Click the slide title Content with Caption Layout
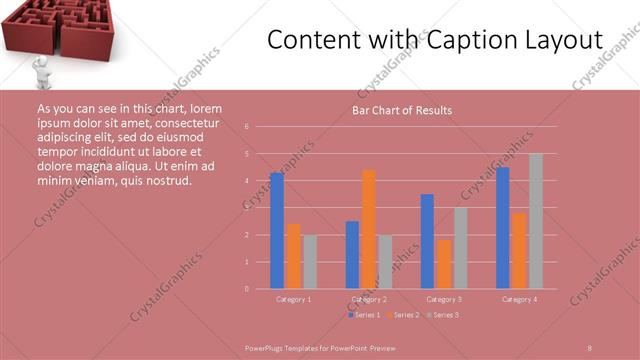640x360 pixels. (x=435, y=40)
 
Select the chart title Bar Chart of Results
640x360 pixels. (x=401, y=110)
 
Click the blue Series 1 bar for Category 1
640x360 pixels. (x=277, y=230)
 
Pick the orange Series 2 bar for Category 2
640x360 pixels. (x=369, y=229)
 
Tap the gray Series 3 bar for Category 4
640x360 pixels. (x=536, y=221)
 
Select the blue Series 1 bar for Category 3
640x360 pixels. (x=427, y=241)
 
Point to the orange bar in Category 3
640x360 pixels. (x=444, y=264)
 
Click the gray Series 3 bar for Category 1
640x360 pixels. (x=310, y=261)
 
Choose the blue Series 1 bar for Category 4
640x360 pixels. (x=503, y=227)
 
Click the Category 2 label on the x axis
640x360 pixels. (x=369, y=299)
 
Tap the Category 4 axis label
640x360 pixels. (x=519, y=299)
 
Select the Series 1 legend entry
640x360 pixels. (x=364, y=315)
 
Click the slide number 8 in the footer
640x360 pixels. (x=590, y=347)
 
